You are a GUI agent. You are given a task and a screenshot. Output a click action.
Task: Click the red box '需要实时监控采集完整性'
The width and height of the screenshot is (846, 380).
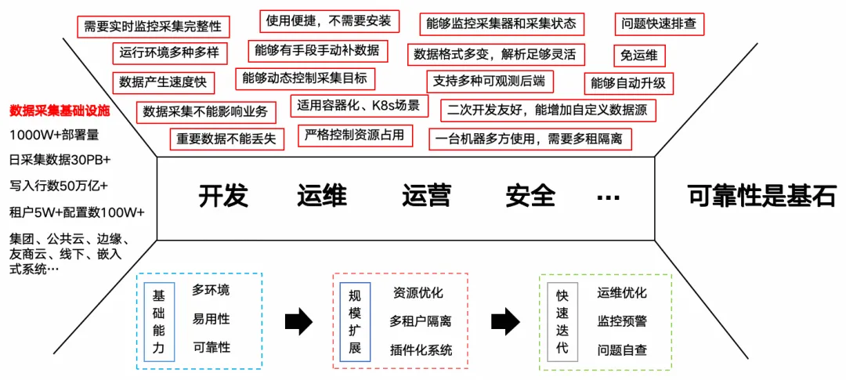153,27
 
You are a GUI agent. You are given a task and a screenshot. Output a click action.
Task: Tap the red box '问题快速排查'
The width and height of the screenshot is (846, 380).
659,24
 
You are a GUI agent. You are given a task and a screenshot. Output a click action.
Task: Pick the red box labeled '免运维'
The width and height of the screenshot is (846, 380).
639,55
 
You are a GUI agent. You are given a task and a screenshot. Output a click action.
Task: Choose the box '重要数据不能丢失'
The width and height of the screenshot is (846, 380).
227,139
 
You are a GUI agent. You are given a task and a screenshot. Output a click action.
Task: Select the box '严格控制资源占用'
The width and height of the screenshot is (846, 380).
356,135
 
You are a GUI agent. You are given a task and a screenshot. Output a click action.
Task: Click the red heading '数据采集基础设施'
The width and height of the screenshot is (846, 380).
60,110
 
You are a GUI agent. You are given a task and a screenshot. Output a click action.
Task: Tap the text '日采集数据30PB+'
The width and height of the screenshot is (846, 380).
60,160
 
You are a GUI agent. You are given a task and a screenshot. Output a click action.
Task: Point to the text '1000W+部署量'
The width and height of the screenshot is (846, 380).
54,135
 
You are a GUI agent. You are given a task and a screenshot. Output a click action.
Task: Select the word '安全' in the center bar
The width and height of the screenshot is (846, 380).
530,196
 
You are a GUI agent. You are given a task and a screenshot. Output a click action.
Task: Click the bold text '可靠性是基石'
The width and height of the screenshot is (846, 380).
761,196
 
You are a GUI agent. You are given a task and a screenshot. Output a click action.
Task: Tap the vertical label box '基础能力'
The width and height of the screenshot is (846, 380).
159,322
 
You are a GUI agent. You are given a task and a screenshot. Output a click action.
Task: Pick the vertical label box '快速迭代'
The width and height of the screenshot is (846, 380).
562,322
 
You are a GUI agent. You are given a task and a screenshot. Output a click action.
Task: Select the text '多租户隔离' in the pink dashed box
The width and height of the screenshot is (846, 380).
421,321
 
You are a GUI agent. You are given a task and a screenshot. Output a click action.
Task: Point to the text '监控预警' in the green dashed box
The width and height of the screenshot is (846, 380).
622,321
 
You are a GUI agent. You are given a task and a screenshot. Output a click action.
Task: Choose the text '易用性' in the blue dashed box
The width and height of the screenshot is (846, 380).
211,320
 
